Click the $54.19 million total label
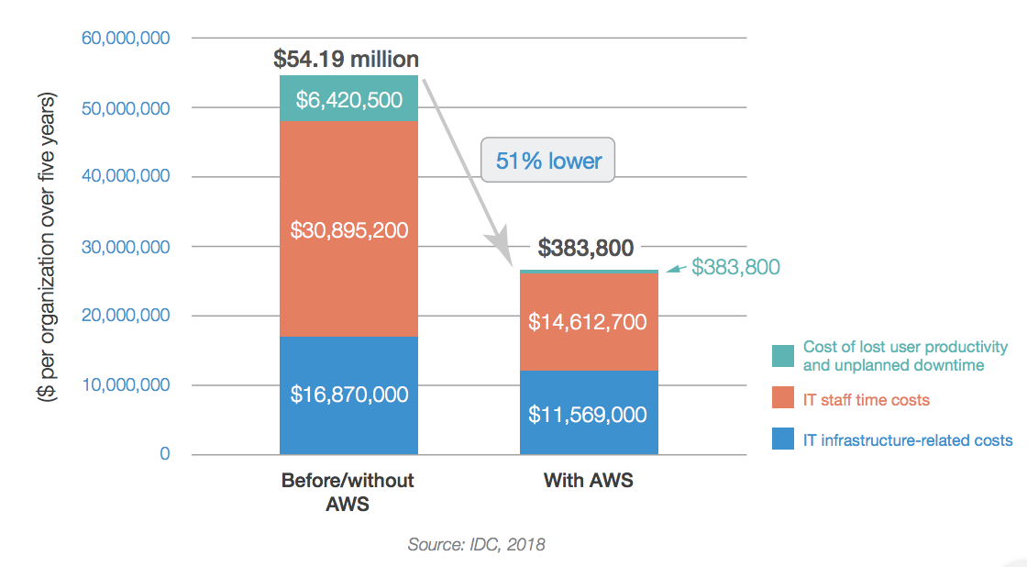coord(347,59)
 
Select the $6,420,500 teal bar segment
coord(348,99)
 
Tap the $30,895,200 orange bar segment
coord(348,229)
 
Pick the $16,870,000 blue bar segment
coord(348,395)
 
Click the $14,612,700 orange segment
coord(588,322)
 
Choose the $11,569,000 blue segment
coord(588,414)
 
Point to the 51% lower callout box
coord(548,161)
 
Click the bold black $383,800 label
coord(586,248)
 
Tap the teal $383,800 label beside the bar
coord(735,267)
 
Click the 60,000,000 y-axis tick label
coord(126,39)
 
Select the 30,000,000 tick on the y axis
coord(126,247)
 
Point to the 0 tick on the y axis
coord(164,454)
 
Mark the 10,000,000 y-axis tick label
coord(126,385)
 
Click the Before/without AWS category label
coord(348,492)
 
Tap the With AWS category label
coord(588,481)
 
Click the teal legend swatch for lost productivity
coord(782,356)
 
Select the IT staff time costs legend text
coord(866,400)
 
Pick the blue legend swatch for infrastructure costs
coord(782,440)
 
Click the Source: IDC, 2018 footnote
coord(476,545)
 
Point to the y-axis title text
coord(47,248)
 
